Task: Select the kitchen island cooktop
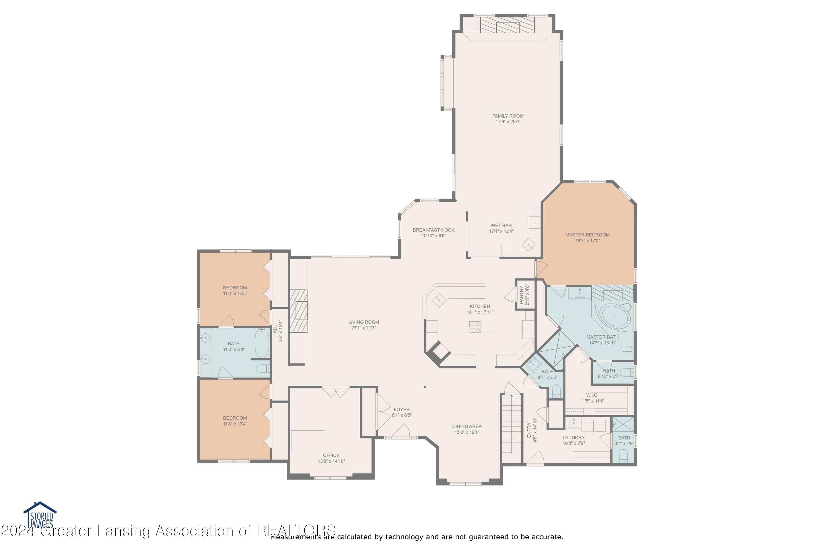tap(475, 327)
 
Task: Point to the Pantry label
tap(521, 295)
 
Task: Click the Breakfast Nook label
tap(433, 230)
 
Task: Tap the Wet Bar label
tap(501, 225)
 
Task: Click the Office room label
tap(331, 455)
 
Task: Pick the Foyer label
tap(401, 409)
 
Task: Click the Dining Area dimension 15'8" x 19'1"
tap(467, 432)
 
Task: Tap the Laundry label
tap(573, 438)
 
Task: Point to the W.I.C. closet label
tap(592, 395)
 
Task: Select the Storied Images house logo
tap(40, 515)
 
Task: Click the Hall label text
tap(275, 331)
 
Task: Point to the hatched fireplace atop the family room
tap(507, 25)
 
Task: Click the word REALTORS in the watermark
tap(296, 531)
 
